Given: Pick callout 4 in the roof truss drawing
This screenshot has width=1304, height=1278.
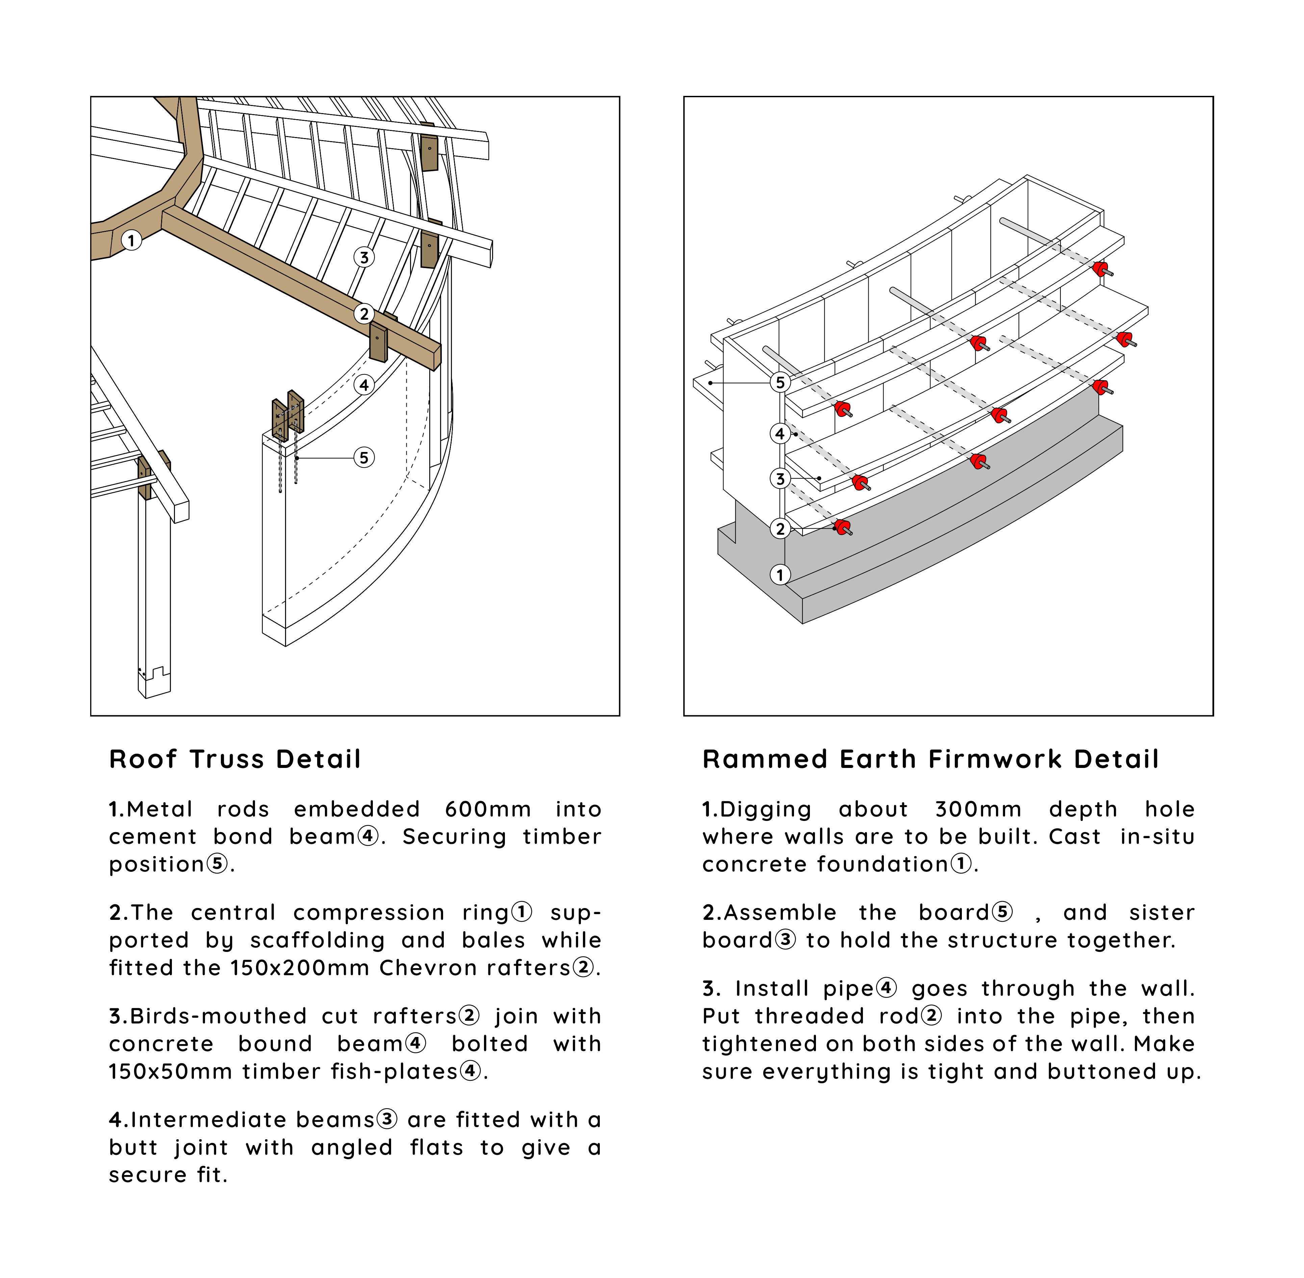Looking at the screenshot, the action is coord(364,384).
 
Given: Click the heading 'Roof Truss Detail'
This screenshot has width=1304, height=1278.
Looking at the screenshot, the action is coord(235,759).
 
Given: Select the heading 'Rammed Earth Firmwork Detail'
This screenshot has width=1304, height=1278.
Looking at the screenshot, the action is coord(931,759).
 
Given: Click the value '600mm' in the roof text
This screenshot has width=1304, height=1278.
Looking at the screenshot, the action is coord(487,809).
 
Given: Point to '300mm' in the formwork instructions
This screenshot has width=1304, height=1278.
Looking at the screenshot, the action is coord(978,809).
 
